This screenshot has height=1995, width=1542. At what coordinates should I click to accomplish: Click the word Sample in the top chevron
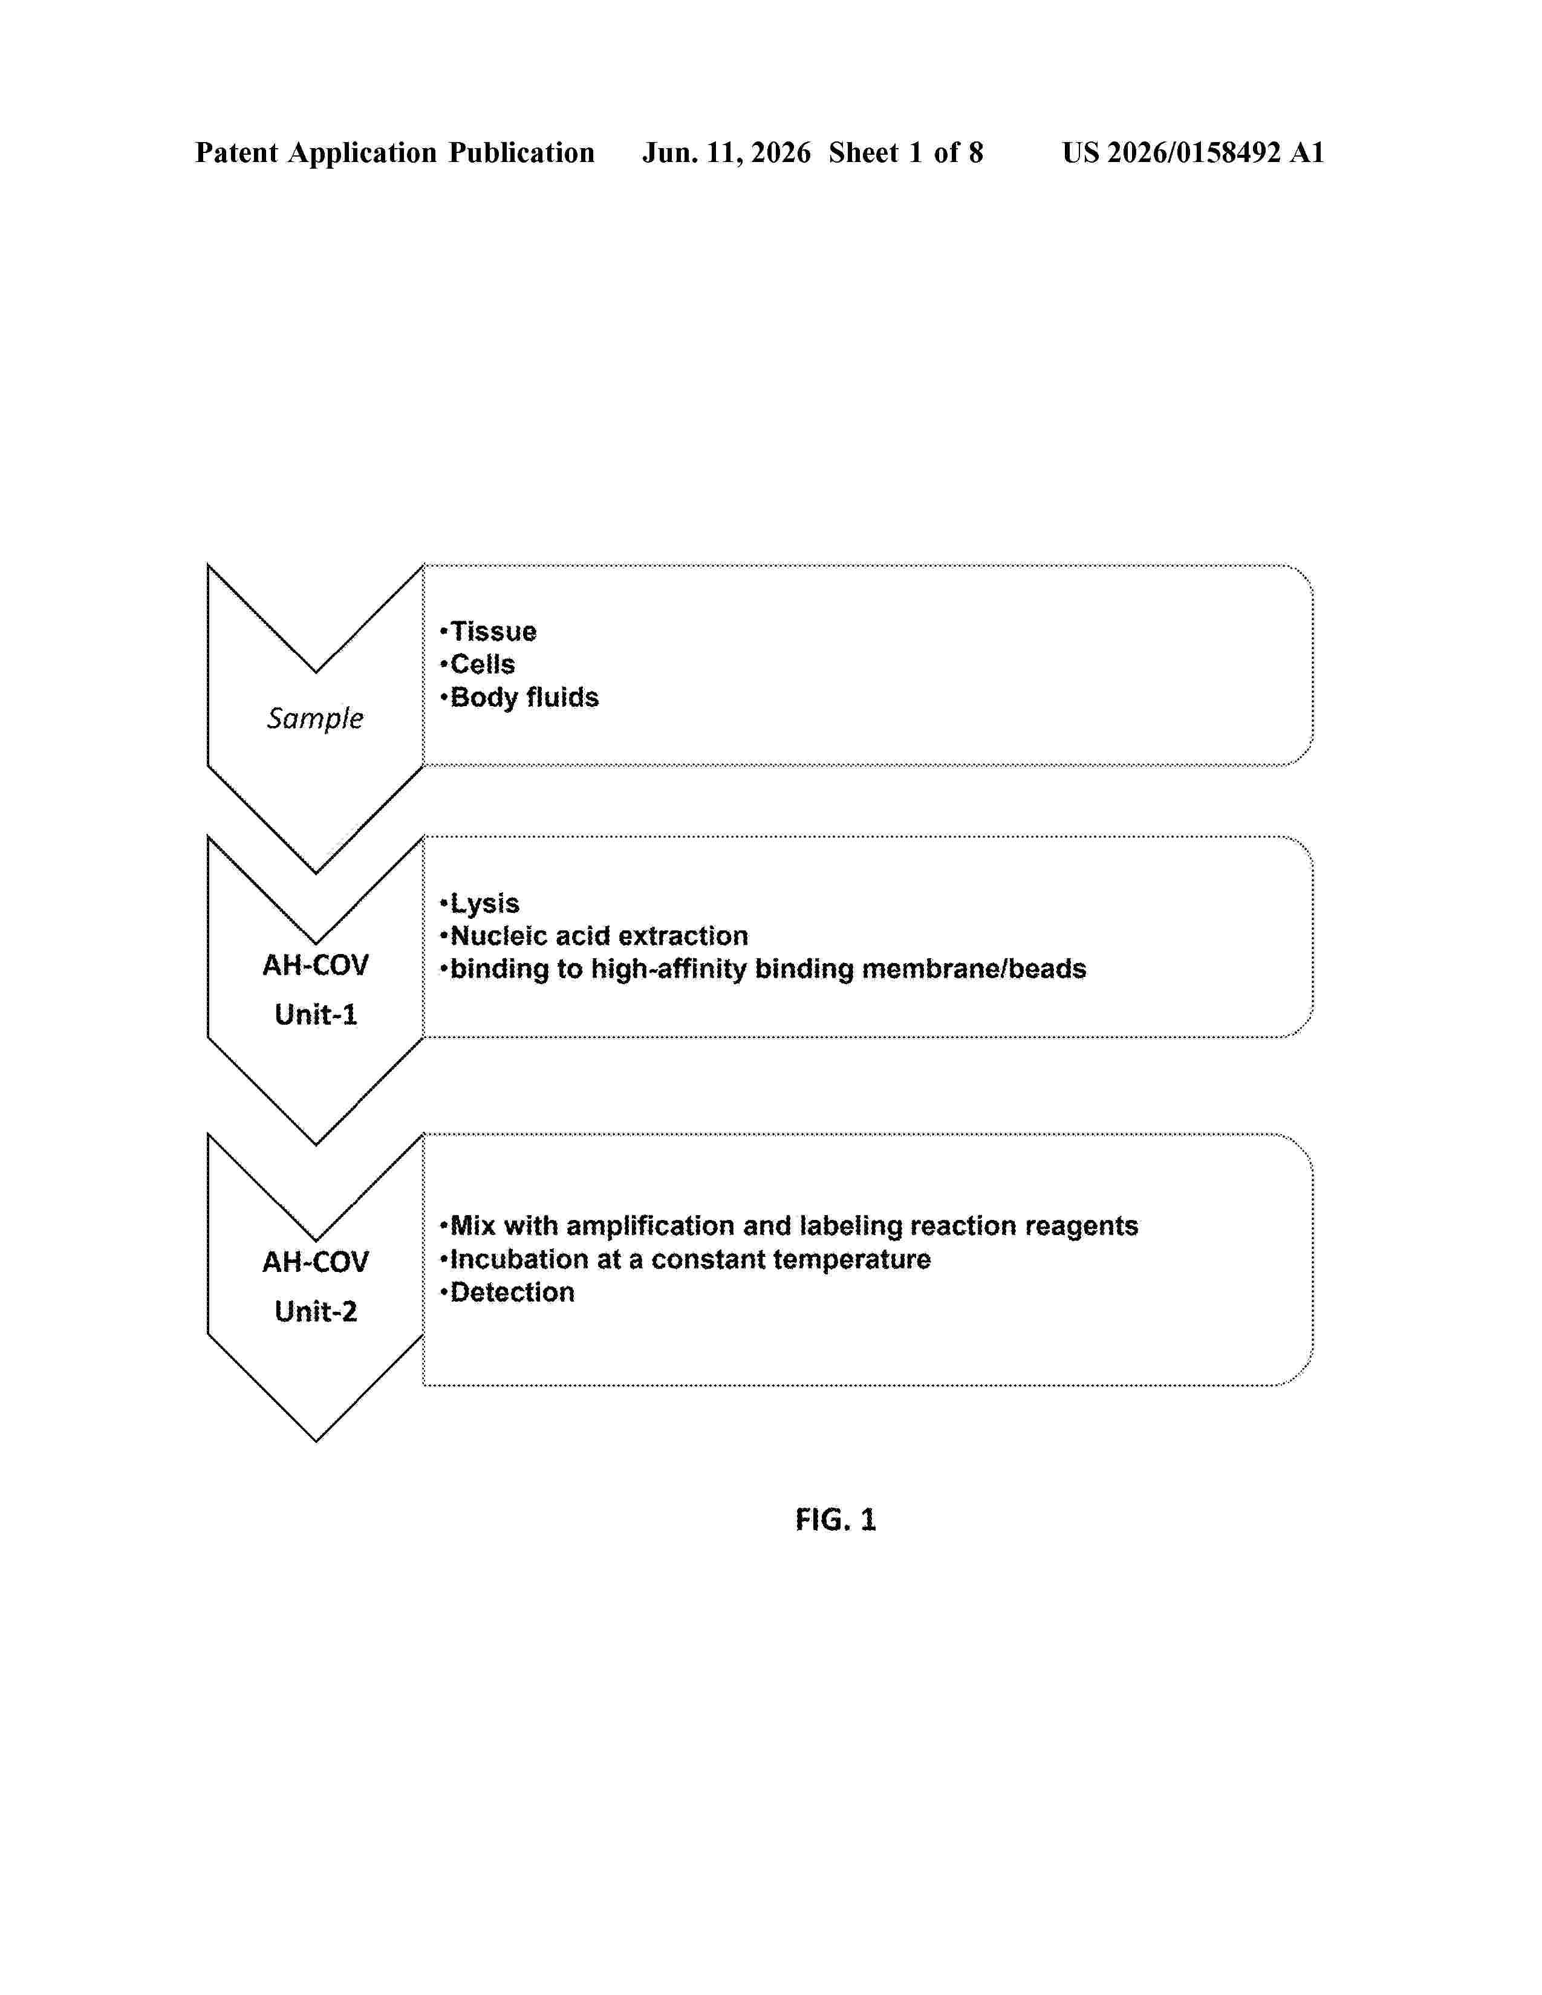[x=315, y=719]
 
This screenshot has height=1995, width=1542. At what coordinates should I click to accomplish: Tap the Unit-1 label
[x=316, y=1015]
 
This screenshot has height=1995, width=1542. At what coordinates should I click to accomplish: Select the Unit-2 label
[x=316, y=1312]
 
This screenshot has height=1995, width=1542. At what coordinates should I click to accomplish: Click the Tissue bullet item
[x=489, y=631]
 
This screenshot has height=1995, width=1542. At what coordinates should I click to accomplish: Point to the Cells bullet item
[x=478, y=664]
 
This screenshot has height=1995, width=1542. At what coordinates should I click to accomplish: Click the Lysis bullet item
[x=480, y=903]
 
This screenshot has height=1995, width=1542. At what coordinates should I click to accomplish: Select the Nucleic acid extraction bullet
[x=594, y=936]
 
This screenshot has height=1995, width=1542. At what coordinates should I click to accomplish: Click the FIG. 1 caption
[x=836, y=1520]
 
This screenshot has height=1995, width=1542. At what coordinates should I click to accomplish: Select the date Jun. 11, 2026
[x=726, y=152]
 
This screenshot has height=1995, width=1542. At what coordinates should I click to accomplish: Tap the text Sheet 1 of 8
[x=906, y=152]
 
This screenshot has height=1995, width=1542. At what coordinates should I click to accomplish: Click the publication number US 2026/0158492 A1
[x=1193, y=152]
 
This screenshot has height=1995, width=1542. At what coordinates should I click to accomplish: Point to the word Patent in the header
[x=236, y=152]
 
